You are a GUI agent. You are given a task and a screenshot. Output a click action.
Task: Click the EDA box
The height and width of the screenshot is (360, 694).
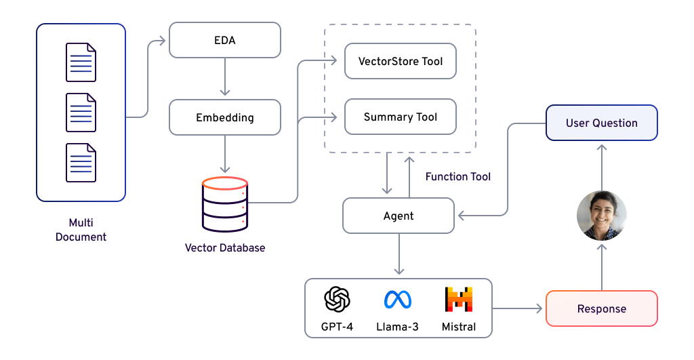224,40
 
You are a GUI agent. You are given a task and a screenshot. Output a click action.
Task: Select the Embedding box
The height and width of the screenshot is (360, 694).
224,117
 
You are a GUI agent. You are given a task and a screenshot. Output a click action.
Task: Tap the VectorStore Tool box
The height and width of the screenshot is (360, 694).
401,61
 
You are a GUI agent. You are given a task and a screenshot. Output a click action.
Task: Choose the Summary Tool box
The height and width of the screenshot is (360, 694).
401,117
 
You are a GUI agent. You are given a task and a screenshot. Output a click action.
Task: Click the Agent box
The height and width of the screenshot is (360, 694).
399,216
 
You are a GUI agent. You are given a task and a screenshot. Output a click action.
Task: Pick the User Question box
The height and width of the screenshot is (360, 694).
601,123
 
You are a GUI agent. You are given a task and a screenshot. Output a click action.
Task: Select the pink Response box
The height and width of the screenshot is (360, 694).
601,308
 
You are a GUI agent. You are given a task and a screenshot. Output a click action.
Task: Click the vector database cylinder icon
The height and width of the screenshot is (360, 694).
225,204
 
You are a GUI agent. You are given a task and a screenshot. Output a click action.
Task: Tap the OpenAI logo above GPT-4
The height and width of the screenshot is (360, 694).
337,299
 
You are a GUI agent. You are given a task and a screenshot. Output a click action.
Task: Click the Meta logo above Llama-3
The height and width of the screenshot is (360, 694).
398,299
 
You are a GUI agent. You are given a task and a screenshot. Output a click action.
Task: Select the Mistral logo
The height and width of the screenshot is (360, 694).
459,299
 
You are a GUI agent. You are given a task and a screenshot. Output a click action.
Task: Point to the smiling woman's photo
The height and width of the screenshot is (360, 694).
601,216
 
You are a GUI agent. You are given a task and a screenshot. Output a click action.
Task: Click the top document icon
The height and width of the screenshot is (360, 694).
81,62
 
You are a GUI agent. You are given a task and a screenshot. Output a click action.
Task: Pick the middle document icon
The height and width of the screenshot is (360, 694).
81,113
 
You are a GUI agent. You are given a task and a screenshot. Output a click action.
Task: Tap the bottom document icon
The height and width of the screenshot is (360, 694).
81,163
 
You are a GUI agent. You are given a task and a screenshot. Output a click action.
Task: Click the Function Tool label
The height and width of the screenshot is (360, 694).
457,176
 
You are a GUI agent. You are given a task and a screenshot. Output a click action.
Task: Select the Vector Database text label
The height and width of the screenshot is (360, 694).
225,247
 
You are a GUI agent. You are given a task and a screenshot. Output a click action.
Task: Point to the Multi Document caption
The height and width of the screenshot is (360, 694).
81,230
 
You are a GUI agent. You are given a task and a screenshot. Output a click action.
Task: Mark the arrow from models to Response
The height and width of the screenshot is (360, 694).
518,308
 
